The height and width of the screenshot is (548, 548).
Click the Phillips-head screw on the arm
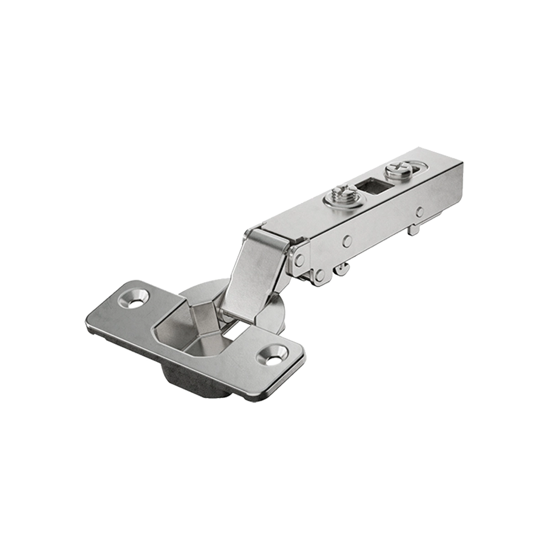pos(395,171)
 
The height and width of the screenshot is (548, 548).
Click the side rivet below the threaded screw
pos(348,239)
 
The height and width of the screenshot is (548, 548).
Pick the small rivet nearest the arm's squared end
pos(419,212)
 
